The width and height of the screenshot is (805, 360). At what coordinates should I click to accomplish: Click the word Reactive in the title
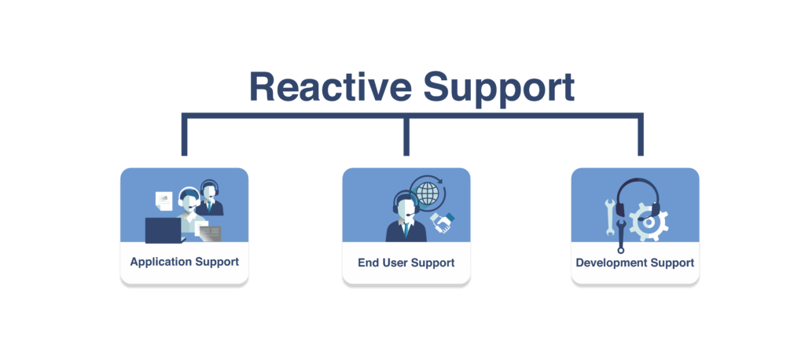[x=330, y=86]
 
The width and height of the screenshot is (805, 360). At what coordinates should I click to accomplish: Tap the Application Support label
[x=184, y=263]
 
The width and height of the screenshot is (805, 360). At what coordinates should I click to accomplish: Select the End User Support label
[x=406, y=263]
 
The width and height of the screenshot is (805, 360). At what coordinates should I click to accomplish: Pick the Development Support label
[x=634, y=263]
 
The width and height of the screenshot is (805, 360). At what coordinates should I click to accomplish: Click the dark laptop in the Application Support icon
[x=164, y=230]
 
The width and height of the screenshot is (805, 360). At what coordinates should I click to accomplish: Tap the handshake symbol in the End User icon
[x=442, y=222]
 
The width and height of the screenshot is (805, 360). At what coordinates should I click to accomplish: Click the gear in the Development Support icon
[x=649, y=222]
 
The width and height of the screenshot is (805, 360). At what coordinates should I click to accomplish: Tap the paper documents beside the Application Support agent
[x=164, y=200]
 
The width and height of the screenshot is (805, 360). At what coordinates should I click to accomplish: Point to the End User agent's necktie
[x=406, y=230]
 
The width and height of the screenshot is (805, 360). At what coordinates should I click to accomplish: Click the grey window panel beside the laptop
[x=210, y=233]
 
